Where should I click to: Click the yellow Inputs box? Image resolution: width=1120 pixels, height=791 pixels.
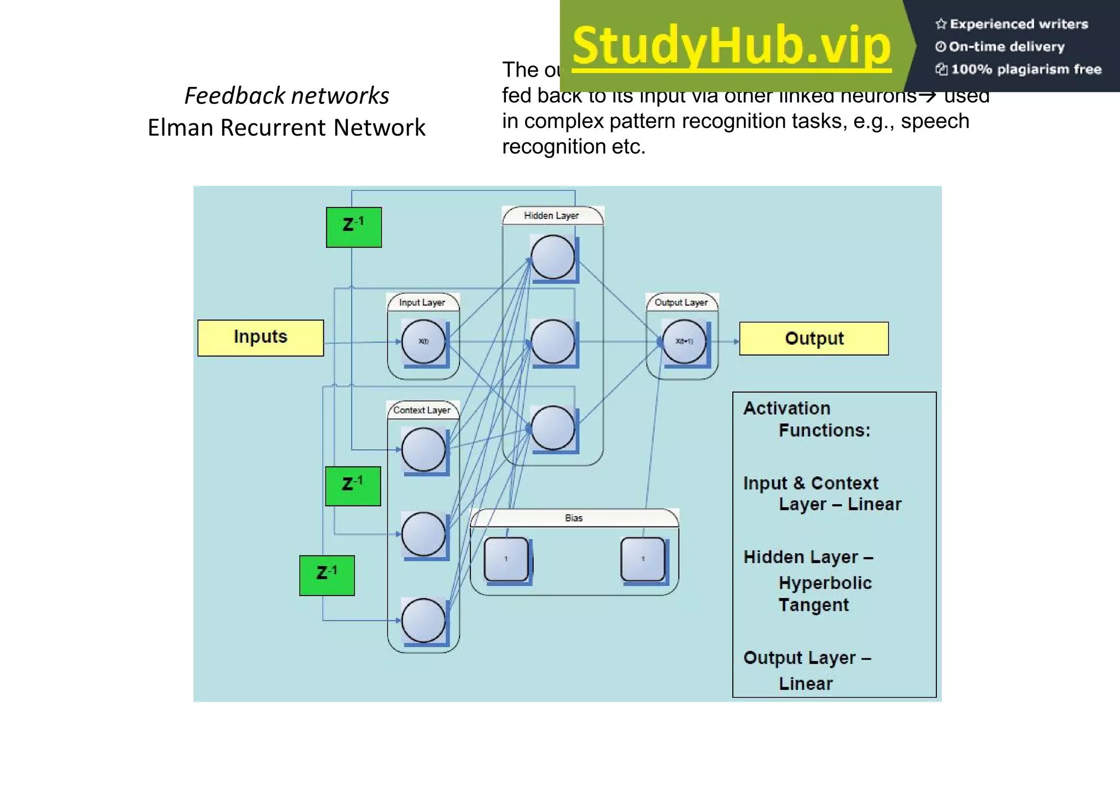260,338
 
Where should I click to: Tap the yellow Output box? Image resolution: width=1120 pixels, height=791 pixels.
814,338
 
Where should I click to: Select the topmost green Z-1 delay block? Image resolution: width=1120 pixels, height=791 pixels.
354,227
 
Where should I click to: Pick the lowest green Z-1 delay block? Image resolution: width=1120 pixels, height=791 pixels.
327,575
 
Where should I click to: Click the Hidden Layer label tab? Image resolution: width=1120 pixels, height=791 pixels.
552,216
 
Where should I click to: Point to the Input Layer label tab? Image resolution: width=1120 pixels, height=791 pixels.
422,302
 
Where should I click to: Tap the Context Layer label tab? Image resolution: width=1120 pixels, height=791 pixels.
422,410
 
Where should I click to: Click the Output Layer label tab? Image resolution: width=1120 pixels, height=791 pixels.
681,302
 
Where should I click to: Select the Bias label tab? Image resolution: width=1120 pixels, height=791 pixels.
574,518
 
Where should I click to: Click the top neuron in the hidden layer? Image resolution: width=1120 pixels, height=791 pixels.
552,257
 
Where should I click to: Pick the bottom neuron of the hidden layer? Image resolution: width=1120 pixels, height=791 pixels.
552,427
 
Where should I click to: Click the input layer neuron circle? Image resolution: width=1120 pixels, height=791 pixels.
423,342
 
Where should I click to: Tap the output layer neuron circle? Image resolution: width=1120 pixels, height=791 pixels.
684,342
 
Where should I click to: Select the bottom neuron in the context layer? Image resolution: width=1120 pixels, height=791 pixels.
423,620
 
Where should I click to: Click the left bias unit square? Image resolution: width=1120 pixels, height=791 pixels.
506,559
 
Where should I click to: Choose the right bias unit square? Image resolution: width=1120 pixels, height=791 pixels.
643,559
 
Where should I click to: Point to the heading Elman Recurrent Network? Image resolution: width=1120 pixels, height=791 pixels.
287,128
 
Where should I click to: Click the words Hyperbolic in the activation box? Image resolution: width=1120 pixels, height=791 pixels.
825,583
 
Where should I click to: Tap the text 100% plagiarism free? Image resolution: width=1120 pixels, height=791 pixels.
1025,69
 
